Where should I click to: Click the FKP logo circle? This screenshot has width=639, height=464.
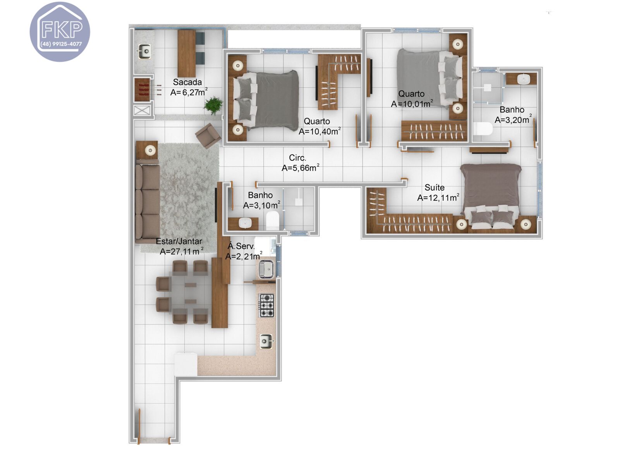60,31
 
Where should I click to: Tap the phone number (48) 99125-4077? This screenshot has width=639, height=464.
61,44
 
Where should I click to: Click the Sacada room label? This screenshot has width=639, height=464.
187,82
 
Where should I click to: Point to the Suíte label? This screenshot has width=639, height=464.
434,188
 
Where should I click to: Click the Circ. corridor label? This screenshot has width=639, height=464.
297,158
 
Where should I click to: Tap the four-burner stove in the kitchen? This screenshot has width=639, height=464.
266,305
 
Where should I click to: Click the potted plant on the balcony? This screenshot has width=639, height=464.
213,105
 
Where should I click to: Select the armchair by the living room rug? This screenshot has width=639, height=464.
208,135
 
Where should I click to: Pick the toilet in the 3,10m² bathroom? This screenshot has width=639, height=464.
273,221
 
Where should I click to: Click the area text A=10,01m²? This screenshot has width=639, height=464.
412,104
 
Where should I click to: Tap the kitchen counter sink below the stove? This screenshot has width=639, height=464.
266,341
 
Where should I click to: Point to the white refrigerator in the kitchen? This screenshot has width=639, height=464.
186,364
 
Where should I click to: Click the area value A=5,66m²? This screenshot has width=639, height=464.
300,168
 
